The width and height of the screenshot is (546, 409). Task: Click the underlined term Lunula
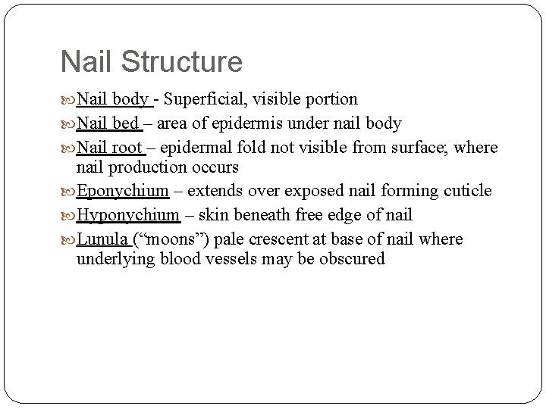click(x=102, y=239)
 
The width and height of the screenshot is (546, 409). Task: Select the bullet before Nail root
click(x=67, y=147)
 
